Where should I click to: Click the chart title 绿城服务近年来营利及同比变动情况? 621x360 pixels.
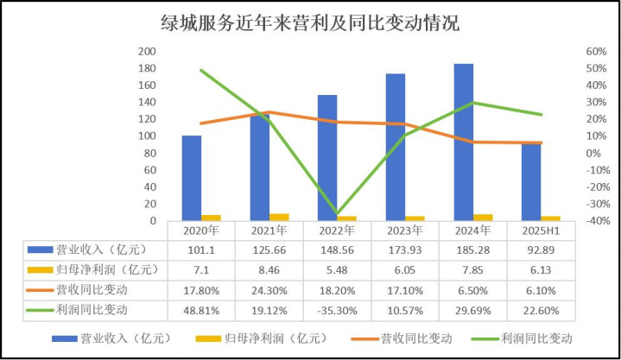[x=310, y=23]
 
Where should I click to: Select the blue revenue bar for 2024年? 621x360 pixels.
[x=463, y=142]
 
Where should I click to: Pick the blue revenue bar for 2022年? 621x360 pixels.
[x=327, y=158]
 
